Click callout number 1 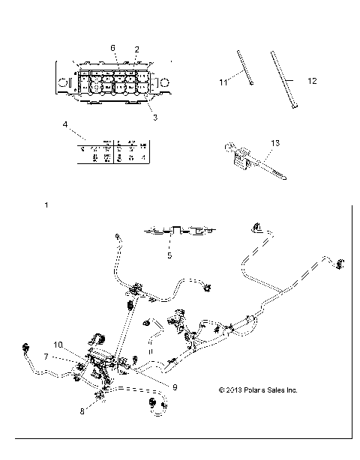[x=47, y=205]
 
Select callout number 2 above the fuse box [x=136, y=49]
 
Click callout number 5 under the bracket [x=170, y=255]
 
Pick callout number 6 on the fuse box [x=112, y=48]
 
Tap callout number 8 [x=82, y=411]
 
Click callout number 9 [x=174, y=387]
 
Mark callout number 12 [x=313, y=80]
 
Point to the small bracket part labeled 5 [x=176, y=231]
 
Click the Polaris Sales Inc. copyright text [x=257, y=390]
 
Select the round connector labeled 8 [x=98, y=396]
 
